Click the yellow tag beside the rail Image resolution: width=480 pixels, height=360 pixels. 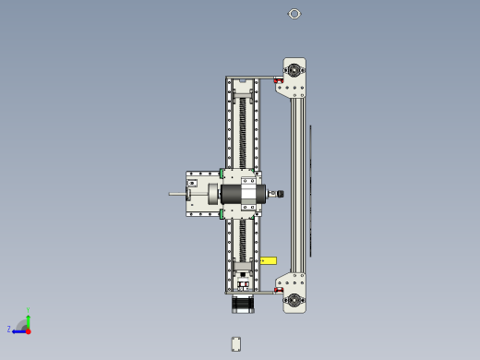(268, 260)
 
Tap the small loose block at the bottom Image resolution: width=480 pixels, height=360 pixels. (236, 343)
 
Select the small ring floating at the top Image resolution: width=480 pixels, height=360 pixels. (294, 14)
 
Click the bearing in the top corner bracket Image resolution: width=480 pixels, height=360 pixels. (294, 69)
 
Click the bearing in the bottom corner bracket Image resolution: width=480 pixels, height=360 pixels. (294, 299)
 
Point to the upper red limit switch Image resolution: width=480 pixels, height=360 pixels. (278, 80)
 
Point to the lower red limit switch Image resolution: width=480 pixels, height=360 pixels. (278, 290)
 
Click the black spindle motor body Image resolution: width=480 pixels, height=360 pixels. (238, 194)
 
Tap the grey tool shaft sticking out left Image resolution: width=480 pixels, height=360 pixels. (176, 194)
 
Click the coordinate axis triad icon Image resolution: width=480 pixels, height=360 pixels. (23, 327)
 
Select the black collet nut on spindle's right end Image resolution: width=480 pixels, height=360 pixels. (280, 194)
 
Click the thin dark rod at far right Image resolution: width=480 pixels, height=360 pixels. (310, 189)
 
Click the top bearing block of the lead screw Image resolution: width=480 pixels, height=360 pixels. (243, 90)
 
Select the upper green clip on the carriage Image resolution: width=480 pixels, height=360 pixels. (222, 173)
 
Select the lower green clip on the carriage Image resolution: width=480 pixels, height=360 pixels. (222, 214)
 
